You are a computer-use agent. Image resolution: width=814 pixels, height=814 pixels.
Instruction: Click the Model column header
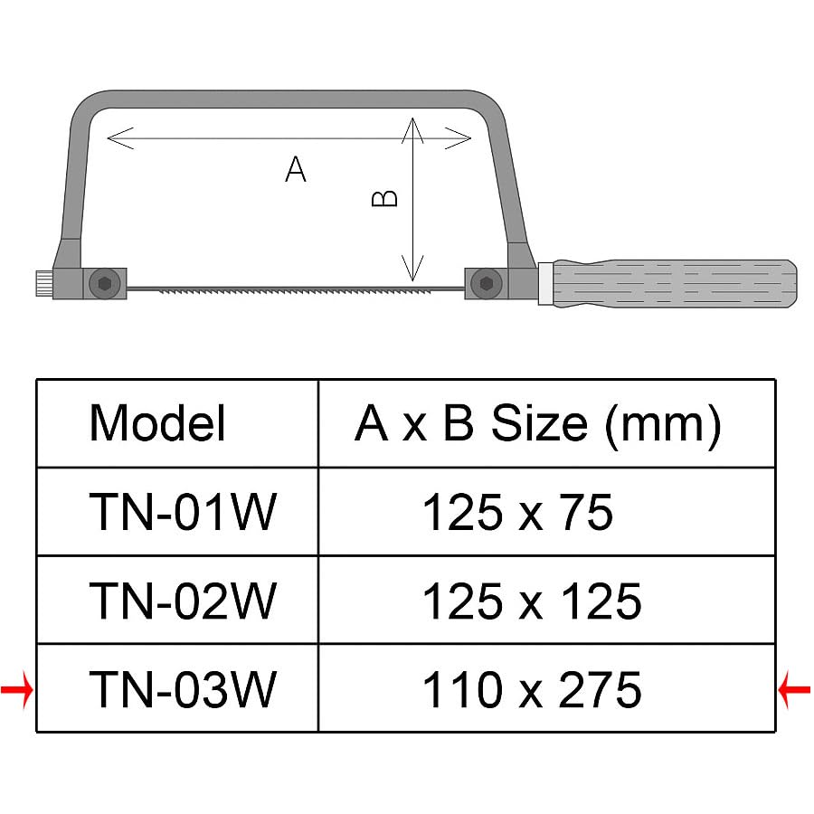pyautogui.click(x=157, y=423)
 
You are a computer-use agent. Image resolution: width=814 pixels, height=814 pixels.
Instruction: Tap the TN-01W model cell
pyautogui.click(x=183, y=513)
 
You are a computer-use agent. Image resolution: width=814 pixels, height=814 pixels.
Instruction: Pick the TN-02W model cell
pyautogui.click(x=183, y=601)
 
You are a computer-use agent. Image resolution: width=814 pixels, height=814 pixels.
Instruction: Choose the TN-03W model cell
pyautogui.click(x=183, y=689)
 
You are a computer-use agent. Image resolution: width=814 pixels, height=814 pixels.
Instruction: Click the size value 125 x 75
pyautogui.click(x=517, y=513)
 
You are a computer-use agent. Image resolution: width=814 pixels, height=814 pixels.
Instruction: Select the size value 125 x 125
pyautogui.click(x=532, y=601)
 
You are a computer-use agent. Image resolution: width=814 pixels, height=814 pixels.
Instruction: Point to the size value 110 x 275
pyautogui.click(x=532, y=689)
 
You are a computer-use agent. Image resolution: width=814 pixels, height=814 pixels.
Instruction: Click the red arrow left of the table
pyautogui.click(x=17, y=689)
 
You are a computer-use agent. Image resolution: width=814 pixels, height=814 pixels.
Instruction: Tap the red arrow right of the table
pyautogui.click(x=794, y=689)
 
